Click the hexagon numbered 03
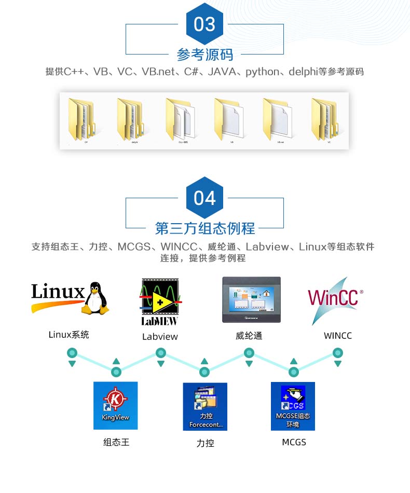204,24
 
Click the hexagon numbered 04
204,198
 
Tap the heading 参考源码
204,54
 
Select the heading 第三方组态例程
204,228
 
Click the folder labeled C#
82,119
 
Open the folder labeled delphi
131,119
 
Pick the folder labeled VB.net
277,119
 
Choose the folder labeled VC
326,119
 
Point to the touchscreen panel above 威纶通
251,300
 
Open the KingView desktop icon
116,405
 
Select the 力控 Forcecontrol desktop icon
205,406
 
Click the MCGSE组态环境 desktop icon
293,406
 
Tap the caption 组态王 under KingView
116,442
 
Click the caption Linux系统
69,335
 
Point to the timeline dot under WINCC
338,353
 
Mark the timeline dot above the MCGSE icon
293,372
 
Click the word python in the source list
262,72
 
